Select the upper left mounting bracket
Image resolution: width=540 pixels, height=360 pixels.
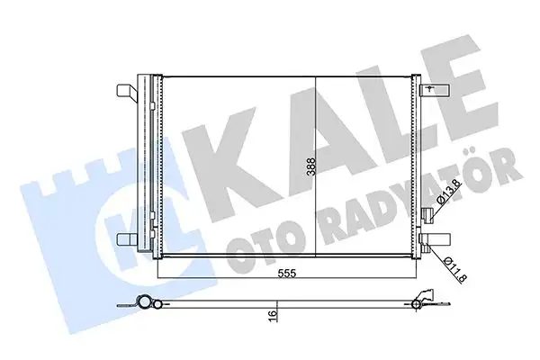[x=126, y=91]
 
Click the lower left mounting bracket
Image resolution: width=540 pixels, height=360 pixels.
[x=126, y=239]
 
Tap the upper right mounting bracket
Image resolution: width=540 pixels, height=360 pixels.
[x=434, y=90]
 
